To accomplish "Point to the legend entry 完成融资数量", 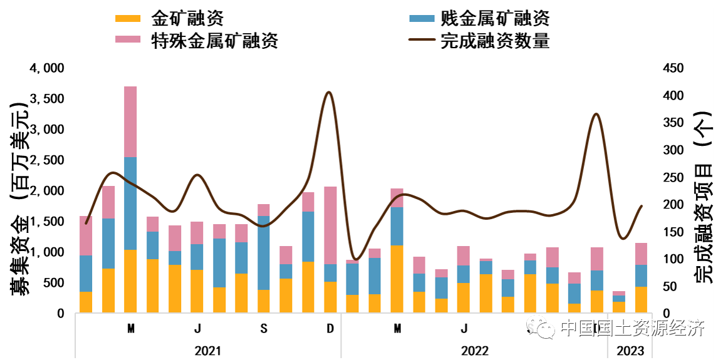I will (495, 41).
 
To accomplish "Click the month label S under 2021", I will (264, 329).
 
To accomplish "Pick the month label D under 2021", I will (330, 329).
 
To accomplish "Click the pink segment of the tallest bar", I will (130, 121).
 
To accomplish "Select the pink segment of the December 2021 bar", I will (330, 225).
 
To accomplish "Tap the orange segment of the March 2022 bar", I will (397, 279).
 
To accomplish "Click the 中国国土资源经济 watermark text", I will (633, 328).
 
